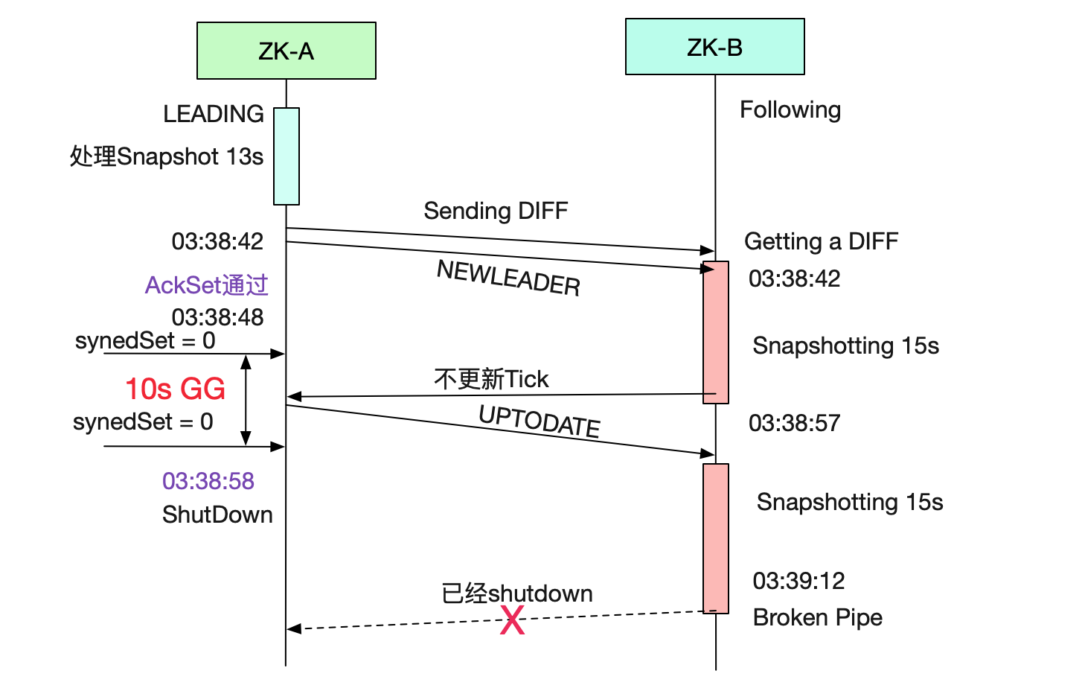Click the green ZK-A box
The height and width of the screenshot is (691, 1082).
(x=286, y=51)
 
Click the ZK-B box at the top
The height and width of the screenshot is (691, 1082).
(x=714, y=47)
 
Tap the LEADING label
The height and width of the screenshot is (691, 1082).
(x=214, y=114)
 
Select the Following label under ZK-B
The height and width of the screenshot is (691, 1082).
(x=790, y=109)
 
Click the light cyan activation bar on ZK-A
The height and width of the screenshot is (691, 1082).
(x=286, y=156)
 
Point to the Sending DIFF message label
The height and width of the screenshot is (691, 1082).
(x=496, y=211)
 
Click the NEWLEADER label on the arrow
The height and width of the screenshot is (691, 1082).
(x=508, y=278)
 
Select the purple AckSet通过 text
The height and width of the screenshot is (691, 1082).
(x=206, y=285)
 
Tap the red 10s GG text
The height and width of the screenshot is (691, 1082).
(x=175, y=389)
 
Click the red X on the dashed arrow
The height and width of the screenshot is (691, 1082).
(x=512, y=620)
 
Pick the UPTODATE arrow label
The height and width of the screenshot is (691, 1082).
(x=539, y=421)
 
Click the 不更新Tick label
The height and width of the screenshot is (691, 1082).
(x=491, y=379)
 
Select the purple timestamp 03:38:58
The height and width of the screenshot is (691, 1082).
(x=208, y=481)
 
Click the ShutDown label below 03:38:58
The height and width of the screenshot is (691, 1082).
(x=217, y=515)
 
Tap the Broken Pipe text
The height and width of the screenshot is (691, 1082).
(x=817, y=617)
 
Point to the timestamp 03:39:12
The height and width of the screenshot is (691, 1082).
(x=798, y=581)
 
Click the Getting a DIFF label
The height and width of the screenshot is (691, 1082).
(x=821, y=241)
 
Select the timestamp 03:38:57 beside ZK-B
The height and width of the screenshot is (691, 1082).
(x=794, y=423)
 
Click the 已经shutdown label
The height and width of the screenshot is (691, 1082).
(x=517, y=593)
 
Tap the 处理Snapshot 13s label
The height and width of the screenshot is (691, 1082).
(x=167, y=156)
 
